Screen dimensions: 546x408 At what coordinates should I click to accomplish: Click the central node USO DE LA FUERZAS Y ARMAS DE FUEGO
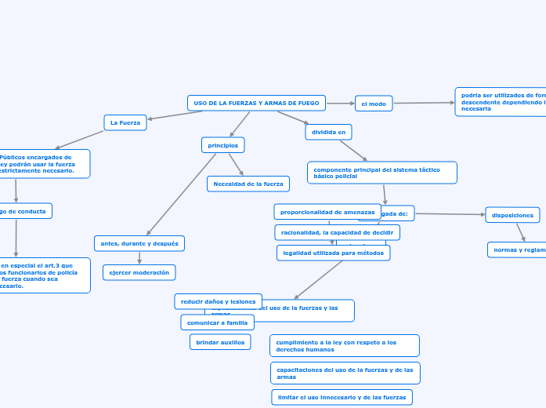[256, 103]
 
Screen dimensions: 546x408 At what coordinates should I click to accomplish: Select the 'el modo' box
[374, 104]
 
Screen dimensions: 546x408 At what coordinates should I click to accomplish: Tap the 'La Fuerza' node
[125, 122]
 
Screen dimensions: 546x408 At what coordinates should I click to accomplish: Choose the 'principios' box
[223, 145]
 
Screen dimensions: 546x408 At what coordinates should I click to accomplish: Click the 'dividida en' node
[328, 132]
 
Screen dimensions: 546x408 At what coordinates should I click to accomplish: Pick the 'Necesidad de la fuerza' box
[248, 184]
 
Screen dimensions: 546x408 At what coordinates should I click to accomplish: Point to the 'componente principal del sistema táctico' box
[381, 173]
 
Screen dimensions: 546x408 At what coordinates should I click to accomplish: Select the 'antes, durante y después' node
[139, 243]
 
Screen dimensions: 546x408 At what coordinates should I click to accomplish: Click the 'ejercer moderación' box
[139, 272]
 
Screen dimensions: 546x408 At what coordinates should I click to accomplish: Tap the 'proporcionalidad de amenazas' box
[327, 212]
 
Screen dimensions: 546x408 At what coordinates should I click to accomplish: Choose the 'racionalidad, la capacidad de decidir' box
[337, 232]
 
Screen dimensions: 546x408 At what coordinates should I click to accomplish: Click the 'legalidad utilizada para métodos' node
[333, 253]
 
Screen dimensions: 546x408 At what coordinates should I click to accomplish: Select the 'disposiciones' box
[512, 215]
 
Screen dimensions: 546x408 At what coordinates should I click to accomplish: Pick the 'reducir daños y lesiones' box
[218, 301]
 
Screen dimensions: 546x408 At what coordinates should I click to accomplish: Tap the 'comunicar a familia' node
[217, 322]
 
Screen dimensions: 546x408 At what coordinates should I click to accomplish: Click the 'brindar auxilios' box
[220, 342]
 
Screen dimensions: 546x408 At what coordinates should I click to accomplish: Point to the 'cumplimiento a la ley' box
[344, 345]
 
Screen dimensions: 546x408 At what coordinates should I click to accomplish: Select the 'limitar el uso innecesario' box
[342, 398]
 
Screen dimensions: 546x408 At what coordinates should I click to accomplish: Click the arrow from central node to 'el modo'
[340, 104]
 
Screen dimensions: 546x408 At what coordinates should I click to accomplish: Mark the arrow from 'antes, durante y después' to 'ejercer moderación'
[139, 257]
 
